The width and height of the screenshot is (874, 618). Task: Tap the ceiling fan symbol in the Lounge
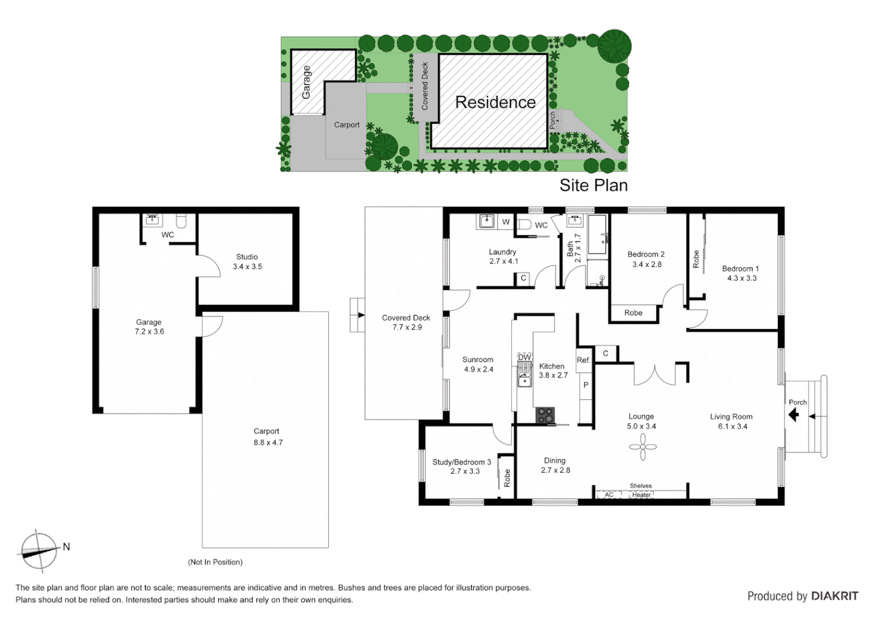[x=643, y=446]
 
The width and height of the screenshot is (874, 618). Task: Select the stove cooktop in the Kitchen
[x=545, y=415]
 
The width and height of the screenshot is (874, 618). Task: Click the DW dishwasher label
[x=524, y=357]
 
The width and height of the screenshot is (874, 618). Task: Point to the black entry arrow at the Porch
[x=794, y=414]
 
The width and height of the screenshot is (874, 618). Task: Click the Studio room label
[x=247, y=257]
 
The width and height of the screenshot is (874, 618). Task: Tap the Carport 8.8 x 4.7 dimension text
[x=268, y=442]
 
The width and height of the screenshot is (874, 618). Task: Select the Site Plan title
[x=593, y=185]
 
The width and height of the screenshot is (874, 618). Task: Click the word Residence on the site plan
[x=495, y=102]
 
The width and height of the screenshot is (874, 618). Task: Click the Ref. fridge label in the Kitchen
[x=583, y=360]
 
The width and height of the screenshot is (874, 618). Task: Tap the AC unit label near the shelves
[x=609, y=495]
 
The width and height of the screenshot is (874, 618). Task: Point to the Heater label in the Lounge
[x=641, y=495]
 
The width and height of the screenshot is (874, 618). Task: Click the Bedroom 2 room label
[x=646, y=254]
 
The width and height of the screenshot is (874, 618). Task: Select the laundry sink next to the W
[x=486, y=221]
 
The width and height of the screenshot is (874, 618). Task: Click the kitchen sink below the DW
[x=524, y=378]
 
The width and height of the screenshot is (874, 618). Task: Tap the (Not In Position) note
[x=215, y=562]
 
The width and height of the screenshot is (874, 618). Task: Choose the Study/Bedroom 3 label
[x=462, y=462]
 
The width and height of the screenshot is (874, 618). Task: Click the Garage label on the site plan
[x=307, y=82]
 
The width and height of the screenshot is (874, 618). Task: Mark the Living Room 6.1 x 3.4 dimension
[x=732, y=426]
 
